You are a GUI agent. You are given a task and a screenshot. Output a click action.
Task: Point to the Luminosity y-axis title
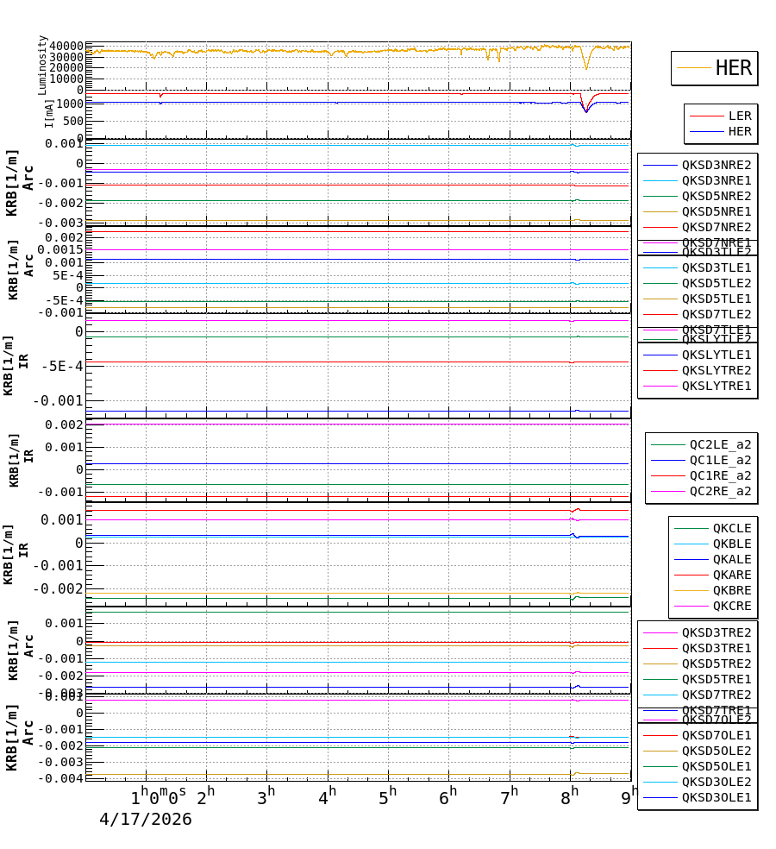[42, 65]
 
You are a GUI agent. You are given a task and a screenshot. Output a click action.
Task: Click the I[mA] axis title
[49, 112]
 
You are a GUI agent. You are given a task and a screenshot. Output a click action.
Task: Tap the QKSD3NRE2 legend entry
[716, 165]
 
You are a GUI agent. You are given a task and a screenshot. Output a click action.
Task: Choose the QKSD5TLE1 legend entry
[716, 299]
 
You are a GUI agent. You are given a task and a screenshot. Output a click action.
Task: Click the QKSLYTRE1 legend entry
[716, 386]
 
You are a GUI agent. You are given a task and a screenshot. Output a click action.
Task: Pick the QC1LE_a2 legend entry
[720, 460]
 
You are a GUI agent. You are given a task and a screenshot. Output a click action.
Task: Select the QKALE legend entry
[731, 559]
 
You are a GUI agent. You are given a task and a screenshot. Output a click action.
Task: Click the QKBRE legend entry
[731, 590]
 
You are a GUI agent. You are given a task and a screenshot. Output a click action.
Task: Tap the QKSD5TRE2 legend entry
[716, 663]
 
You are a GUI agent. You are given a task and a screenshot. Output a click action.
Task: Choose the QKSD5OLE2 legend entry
[716, 751]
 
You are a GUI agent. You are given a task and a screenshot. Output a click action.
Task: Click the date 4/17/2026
[145, 820]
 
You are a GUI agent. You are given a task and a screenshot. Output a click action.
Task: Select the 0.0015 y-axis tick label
[59, 250]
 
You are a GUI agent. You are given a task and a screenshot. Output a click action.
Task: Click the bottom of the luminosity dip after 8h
[586, 69]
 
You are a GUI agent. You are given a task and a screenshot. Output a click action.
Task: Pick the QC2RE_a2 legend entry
[720, 491]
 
